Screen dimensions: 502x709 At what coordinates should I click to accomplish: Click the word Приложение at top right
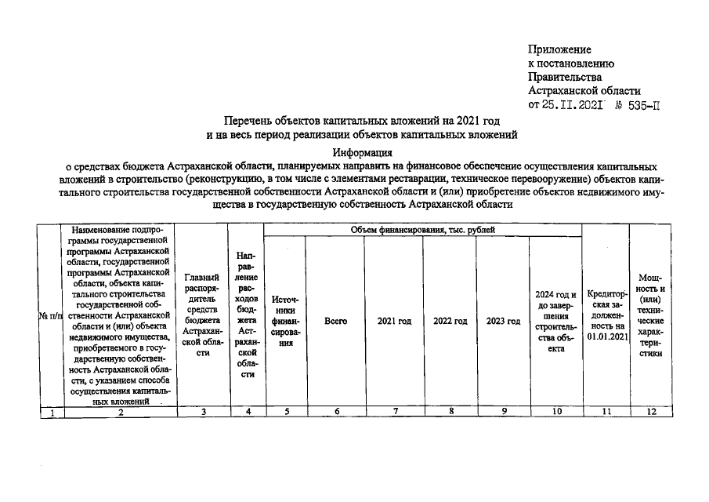560,50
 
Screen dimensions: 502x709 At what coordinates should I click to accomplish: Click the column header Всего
335,322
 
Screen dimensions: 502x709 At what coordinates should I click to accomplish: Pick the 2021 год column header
394,322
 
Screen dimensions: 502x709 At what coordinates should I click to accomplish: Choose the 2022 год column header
450,322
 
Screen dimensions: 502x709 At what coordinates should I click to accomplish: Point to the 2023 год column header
503,322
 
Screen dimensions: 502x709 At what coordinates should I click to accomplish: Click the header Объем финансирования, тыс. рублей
423,229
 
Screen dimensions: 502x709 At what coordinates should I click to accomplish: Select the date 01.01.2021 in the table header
607,336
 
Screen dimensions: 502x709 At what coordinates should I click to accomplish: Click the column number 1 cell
51,412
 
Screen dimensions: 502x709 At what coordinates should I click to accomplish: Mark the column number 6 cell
335,412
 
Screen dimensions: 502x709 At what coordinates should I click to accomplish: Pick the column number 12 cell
650,412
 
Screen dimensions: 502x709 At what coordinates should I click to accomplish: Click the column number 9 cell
503,412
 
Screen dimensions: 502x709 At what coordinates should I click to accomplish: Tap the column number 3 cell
203,412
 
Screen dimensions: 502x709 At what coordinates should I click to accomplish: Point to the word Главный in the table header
203,277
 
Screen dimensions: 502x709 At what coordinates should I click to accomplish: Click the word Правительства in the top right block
565,77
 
